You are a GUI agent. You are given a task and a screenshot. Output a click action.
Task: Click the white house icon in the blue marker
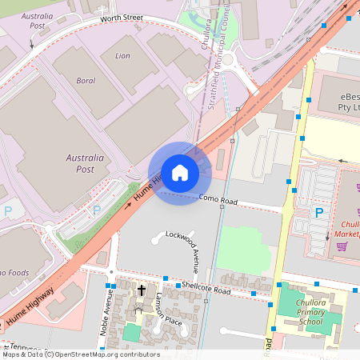point(180,173)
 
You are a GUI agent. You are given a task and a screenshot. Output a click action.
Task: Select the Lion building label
point(122,56)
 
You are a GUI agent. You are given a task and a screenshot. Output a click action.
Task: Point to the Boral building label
point(85,81)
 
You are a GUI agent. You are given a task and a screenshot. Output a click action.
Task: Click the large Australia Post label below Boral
point(85,163)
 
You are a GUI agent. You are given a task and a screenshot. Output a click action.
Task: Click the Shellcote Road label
point(206,288)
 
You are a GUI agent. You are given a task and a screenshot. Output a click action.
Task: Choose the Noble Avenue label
point(106,314)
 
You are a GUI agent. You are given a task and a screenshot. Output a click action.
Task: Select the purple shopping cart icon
point(342,246)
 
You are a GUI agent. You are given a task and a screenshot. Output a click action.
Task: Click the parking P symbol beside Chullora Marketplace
point(318,213)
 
